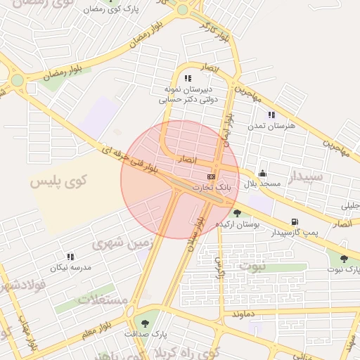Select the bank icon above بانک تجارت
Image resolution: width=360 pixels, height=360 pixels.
click(x=211, y=176)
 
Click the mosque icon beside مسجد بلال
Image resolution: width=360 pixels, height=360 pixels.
click(x=263, y=173)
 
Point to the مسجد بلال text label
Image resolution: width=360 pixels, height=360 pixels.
click(x=262, y=183)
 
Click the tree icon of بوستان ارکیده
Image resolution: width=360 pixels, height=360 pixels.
click(x=238, y=212)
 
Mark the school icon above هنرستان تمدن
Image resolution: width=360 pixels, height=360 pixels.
click(x=271, y=115)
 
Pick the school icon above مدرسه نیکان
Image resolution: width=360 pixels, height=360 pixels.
click(x=70, y=257)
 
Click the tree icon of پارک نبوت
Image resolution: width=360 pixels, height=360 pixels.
click(x=344, y=259)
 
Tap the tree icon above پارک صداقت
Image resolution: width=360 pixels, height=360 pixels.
click(x=146, y=323)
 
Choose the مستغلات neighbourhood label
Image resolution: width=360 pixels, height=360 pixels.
click(x=103, y=299)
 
